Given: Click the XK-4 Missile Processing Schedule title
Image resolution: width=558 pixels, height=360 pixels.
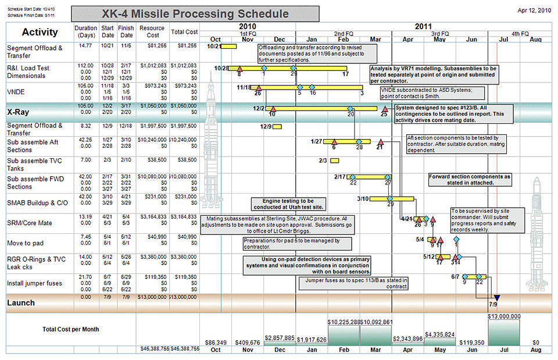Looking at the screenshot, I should click(x=195, y=14).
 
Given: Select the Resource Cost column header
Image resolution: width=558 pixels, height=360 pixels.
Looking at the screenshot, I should click(x=152, y=31).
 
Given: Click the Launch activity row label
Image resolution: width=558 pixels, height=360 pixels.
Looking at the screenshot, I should click(x=21, y=302).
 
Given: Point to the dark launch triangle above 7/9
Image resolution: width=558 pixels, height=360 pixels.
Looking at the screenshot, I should click(x=496, y=298).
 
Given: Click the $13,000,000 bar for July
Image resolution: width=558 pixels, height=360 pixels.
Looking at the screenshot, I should click(x=504, y=332).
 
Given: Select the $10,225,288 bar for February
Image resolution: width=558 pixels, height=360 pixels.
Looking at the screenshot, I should click(x=344, y=334).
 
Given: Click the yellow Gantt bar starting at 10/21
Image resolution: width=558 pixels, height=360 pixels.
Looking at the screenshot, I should click(x=230, y=46).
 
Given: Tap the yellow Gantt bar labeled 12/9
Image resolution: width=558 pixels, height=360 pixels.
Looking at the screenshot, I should click(x=277, y=126).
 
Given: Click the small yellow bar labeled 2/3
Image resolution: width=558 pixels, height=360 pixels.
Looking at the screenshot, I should click(x=334, y=161).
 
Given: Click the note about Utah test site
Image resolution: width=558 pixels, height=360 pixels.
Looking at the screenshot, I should click(x=288, y=204).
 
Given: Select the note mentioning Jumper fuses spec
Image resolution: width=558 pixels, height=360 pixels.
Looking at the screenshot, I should click(x=353, y=283).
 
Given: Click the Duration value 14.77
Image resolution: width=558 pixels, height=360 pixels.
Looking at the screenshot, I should click(x=85, y=45).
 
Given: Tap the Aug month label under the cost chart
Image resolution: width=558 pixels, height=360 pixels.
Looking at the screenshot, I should click(x=536, y=350).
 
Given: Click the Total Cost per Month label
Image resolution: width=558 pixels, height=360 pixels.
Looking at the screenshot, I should click(x=70, y=329).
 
